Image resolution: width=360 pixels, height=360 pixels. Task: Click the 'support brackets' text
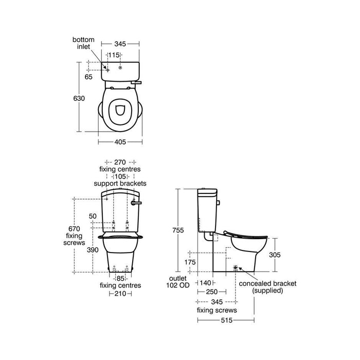click(120, 183)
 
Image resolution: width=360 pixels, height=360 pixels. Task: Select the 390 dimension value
click(92, 249)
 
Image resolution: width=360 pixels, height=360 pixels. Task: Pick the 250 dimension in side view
click(211, 292)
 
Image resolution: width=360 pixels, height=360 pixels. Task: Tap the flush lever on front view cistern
click(136, 203)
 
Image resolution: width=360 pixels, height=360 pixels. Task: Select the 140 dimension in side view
click(205, 282)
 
